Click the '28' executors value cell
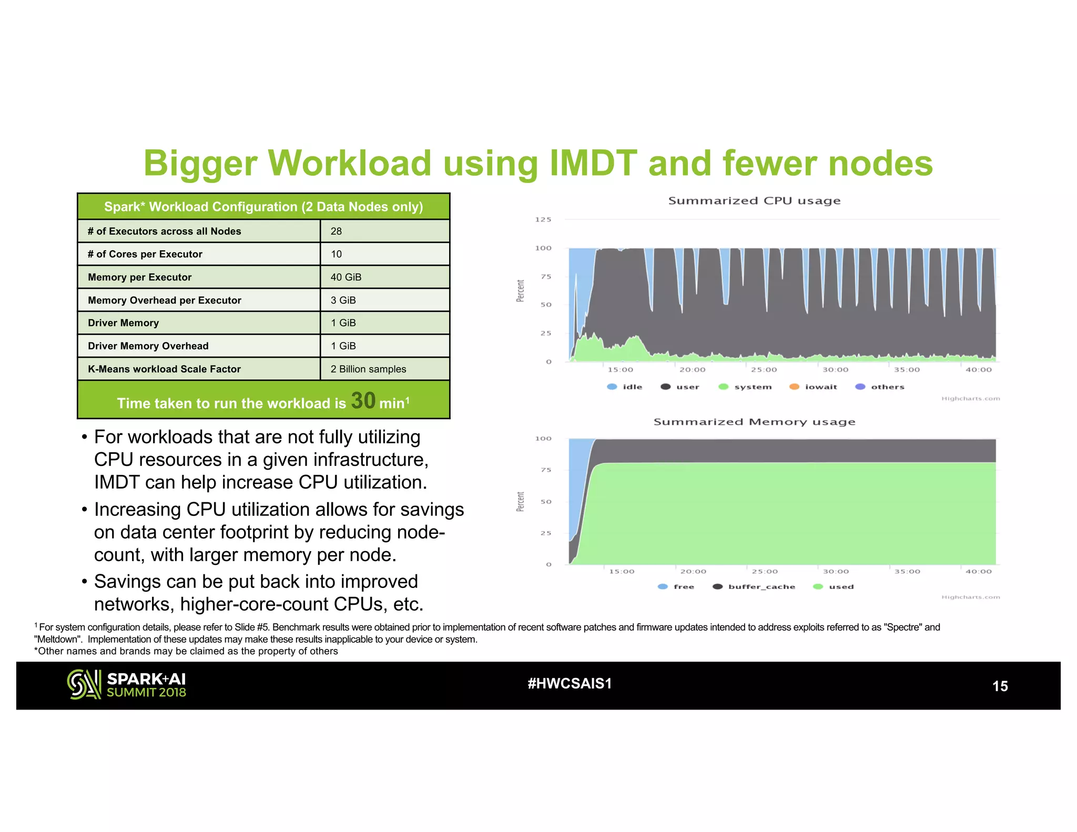(336, 231)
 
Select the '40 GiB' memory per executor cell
(346, 277)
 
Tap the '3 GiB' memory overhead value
(343, 300)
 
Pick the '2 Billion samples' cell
(368, 369)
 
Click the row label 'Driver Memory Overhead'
(148, 346)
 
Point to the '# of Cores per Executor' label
(145, 255)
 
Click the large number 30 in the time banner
(363, 401)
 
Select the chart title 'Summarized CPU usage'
(754, 201)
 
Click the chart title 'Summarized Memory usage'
(754, 422)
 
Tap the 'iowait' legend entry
(814, 387)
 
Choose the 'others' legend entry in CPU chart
(880, 387)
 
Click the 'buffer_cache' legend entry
(755, 587)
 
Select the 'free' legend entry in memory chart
(677, 587)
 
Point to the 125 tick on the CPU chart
(543, 220)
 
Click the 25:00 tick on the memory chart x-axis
(765, 572)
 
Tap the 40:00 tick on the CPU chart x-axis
(978, 370)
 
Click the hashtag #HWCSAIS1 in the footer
(570, 684)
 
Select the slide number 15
(1000, 686)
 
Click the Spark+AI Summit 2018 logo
(127, 685)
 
